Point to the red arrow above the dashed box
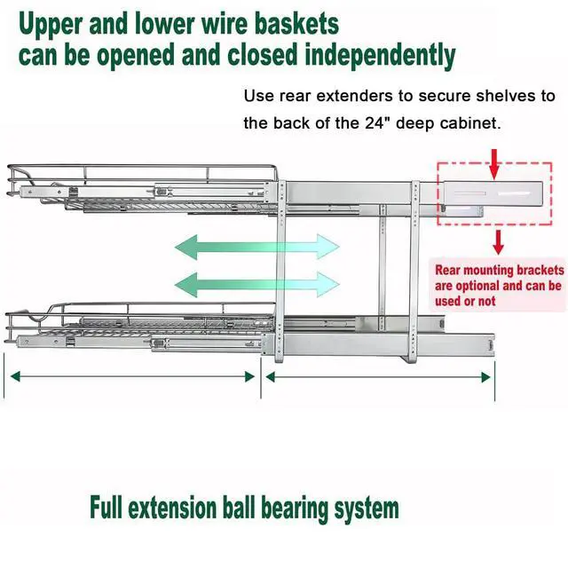pyautogui.click(x=494, y=163)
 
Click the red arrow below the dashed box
pyautogui.click(x=499, y=242)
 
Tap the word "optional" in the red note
pyautogui.click(x=477, y=286)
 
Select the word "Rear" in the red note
pyautogui.click(x=447, y=270)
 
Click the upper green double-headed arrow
pyautogui.click(x=257, y=247)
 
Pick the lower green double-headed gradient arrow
pyautogui.click(x=257, y=284)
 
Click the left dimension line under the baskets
pyautogui.click(x=132, y=376)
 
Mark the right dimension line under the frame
pyautogui.click(x=378, y=377)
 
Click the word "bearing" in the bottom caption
pyautogui.click(x=296, y=509)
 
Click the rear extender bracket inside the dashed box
pyautogui.click(x=493, y=193)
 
